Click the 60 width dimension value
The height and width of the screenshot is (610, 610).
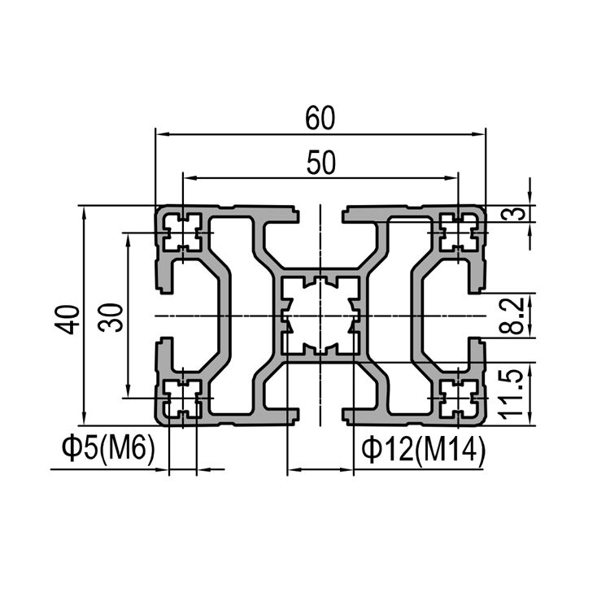click(320, 120)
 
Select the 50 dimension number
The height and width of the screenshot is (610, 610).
click(320, 163)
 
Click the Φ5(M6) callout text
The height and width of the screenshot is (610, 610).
click(107, 449)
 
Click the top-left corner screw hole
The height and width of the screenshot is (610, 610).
click(182, 233)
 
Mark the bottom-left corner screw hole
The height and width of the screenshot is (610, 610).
click(182, 398)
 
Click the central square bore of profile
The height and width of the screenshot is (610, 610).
click(320, 316)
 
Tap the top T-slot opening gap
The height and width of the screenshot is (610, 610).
click(320, 213)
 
